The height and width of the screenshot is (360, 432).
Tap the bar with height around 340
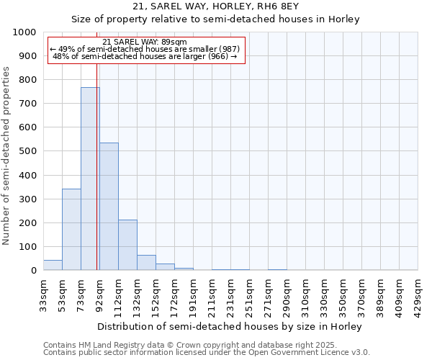coord(71,230)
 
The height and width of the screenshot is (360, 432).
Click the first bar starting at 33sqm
coord(53,265)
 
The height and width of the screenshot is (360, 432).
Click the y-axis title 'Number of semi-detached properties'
coord(7,156)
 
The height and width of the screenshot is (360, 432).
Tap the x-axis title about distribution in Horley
coord(230,326)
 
